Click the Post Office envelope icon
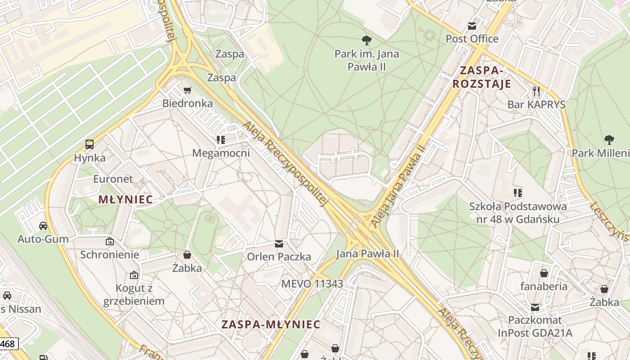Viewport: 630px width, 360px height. point(472,27)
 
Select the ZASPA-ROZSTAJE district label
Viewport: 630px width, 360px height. point(481,77)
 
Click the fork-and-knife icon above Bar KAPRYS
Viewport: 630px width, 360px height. point(536,91)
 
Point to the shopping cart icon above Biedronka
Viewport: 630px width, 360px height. point(188,90)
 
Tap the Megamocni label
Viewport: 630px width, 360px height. point(220,153)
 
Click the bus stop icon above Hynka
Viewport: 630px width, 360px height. point(90,144)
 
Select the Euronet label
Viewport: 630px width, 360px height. point(113,179)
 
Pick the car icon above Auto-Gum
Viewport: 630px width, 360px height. point(43,225)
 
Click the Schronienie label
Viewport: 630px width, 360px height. point(109,254)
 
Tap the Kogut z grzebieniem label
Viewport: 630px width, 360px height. point(134,294)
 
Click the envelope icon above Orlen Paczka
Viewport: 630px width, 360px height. point(279,244)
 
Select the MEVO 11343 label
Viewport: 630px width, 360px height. point(312,283)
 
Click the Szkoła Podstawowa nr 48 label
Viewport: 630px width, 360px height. point(517,213)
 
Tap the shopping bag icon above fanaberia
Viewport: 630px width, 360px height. point(544,273)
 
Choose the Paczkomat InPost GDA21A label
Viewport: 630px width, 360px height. point(535,326)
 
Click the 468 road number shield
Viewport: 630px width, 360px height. point(8,344)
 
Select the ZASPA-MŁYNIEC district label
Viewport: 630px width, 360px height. point(270,324)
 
